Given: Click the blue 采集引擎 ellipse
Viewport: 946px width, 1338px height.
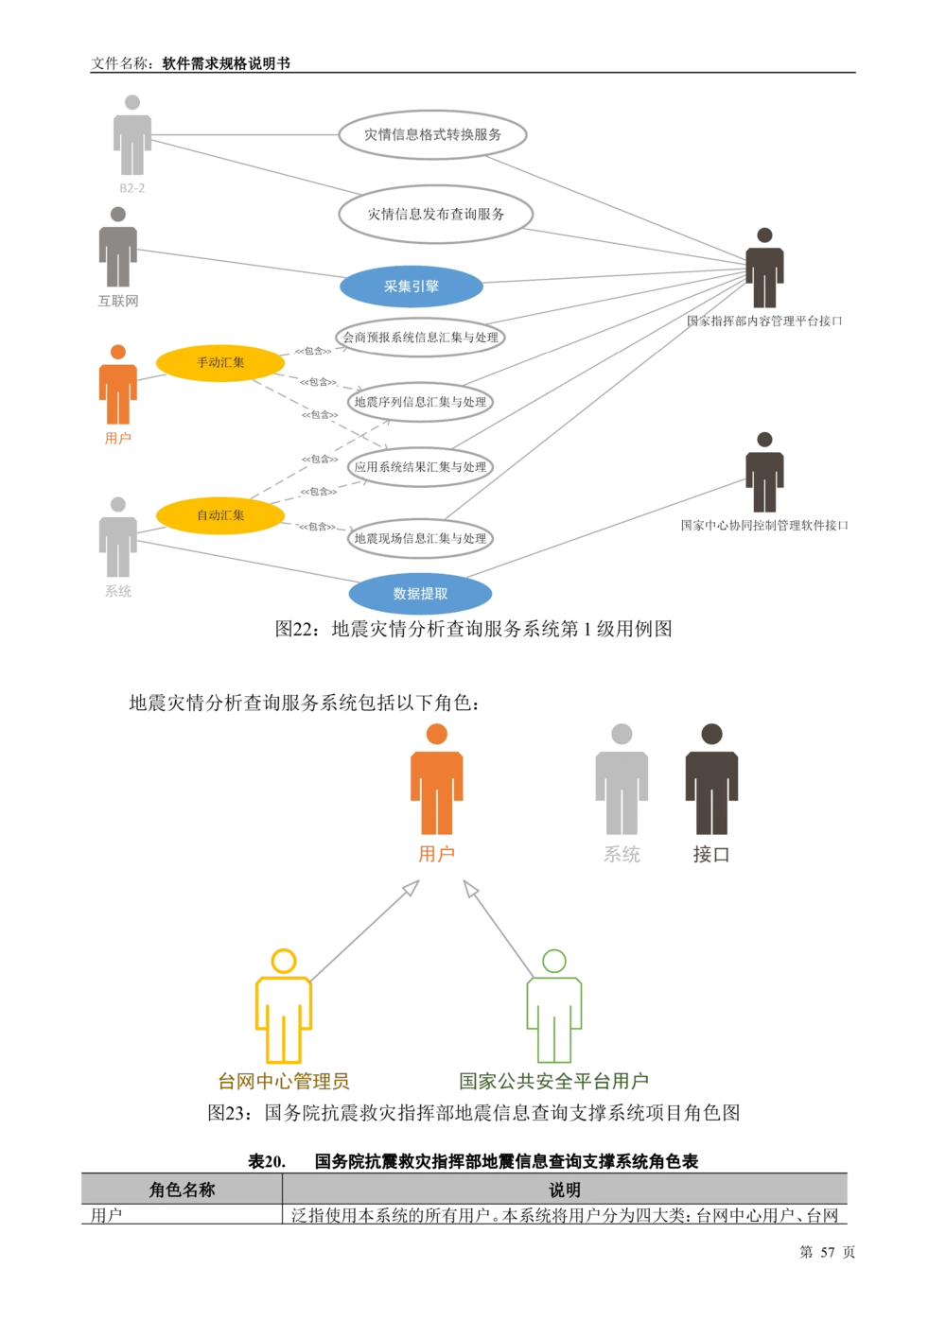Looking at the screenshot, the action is coord(412,287).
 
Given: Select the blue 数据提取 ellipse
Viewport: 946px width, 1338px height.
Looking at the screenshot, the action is coord(420,593).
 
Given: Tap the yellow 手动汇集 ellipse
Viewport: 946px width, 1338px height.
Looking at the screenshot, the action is coord(219,362).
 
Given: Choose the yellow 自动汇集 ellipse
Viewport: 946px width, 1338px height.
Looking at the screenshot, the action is coord(219,515).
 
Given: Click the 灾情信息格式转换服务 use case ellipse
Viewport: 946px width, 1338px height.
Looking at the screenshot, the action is coord(432,134).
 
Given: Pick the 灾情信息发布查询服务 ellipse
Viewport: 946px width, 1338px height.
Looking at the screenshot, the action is coord(436,214).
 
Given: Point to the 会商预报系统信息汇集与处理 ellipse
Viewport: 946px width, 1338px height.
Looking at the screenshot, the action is coord(420,337).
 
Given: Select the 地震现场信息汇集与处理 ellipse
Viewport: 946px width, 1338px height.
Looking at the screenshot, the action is coord(420,538).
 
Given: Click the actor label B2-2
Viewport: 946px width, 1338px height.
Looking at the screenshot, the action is coord(132,188).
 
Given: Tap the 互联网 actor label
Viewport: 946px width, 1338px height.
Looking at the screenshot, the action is coord(118,301).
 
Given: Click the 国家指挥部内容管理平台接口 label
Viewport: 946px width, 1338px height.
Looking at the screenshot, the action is coord(764,321).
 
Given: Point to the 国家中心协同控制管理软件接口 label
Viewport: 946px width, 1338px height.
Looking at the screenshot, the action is coord(764,525).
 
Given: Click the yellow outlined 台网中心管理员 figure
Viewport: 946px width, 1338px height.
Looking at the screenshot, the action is coord(284,1005).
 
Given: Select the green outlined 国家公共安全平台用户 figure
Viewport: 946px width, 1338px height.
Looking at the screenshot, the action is coord(554,1005).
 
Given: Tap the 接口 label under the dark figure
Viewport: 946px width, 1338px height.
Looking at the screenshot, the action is coord(711,854).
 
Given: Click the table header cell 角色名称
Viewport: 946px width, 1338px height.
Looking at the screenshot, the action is coord(182,1190).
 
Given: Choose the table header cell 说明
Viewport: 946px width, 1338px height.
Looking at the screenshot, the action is coord(565,1190).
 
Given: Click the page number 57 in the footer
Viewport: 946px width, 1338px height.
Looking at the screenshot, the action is coord(828,1252).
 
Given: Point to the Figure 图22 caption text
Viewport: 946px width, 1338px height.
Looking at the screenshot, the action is coord(473,629).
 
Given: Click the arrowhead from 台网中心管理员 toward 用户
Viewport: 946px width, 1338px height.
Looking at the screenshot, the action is coord(412,888).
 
